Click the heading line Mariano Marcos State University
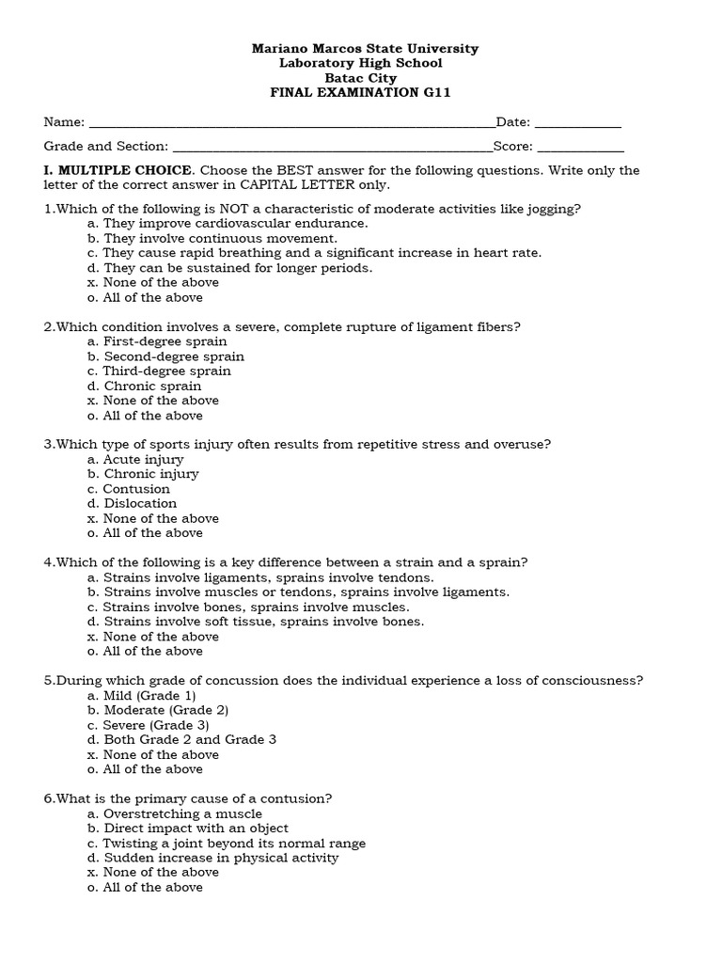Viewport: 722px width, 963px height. pyautogui.click(x=365, y=48)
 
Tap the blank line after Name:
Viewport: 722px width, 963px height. pyautogui.click(x=291, y=123)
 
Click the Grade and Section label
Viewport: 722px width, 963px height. pyautogui.click(x=106, y=147)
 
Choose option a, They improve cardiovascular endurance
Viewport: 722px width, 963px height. pyautogui.click(x=228, y=223)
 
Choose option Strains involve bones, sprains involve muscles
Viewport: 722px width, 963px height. pyautogui.click(x=247, y=607)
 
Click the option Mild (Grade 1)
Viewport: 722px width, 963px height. pyautogui.click(x=142, y=695)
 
